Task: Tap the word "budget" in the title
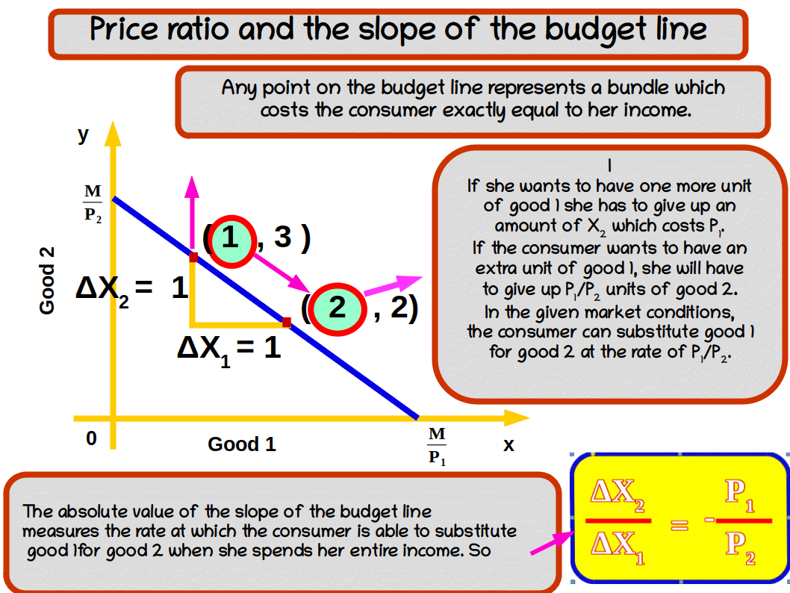[x=596, y=30]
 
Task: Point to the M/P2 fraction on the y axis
[x=93, y=203]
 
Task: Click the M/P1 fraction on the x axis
[x=437, y=446]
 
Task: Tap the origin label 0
[x=91, y=438]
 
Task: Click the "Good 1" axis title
[x=242, y=444]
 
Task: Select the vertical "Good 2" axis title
[x=47, y=281]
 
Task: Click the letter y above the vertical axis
[x=83, y=134]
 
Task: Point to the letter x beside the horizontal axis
[x=508, y=445]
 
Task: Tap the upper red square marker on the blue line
[x=193, y=258]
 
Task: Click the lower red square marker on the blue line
[x=287, y=322]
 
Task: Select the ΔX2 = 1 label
[x=132, y=290]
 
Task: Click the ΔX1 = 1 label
[x=229, y=349]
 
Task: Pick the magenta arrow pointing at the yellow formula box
[x=553, y=543]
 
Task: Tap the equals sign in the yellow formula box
[x=679, y=526]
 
